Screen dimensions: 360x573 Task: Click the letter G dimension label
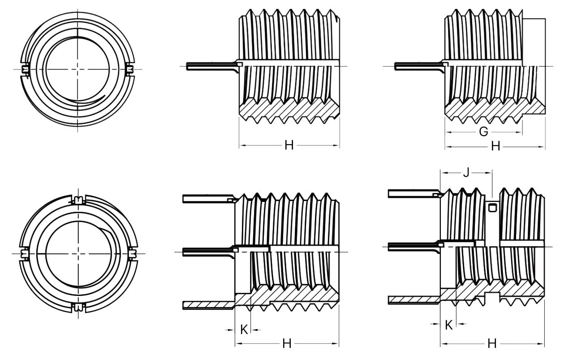483,132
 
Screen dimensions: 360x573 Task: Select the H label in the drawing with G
495,146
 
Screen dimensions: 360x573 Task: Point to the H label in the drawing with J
492,343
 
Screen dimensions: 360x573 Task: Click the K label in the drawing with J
448,325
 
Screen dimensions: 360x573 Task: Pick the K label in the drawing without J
244,330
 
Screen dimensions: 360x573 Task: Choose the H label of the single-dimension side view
289,145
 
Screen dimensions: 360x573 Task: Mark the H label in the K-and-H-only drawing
287,343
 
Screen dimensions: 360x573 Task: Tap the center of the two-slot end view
78,69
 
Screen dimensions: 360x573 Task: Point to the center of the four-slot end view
78,253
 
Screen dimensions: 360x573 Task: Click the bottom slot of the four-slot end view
79,307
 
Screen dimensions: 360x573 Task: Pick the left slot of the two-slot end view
25,69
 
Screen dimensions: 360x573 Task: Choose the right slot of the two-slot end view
130,69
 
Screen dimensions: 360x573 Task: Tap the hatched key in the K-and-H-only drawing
208,304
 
